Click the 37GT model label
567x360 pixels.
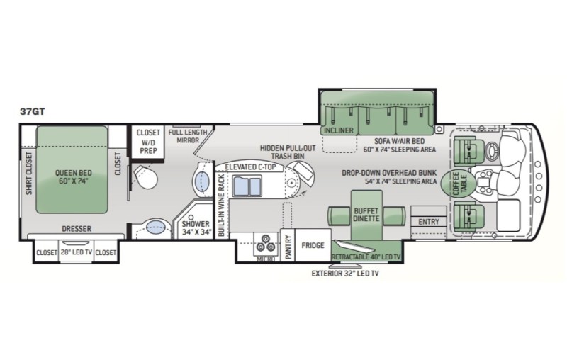tap(35, 111)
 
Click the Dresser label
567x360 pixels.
tap(77, 228)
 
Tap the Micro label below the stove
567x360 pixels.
tap(266, 260)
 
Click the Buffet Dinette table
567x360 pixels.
tap(367, 213)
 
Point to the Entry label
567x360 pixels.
tap(428, 222)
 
